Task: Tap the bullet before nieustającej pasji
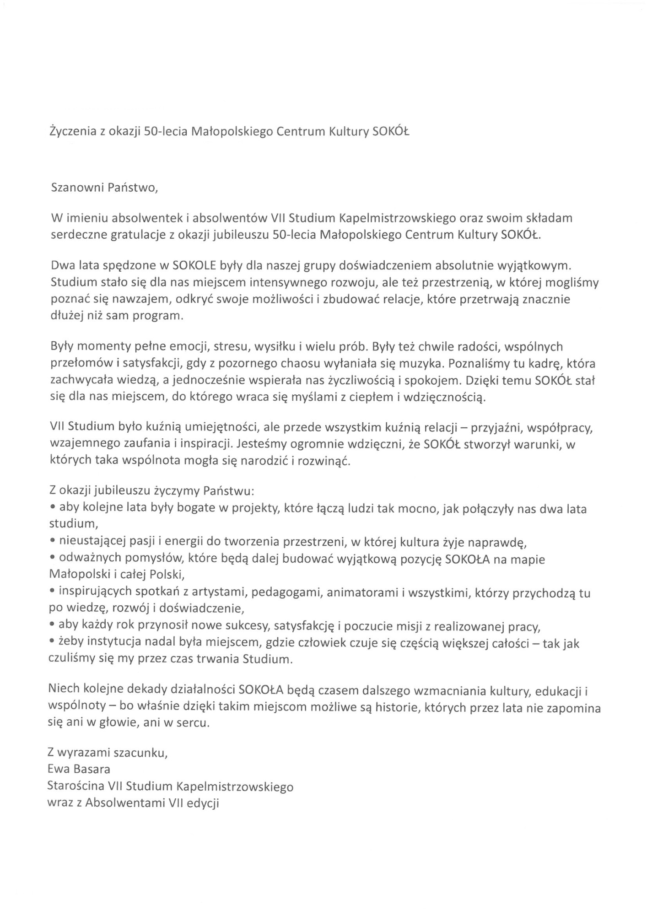tap(53, 543)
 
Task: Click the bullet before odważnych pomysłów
tap(53, 559)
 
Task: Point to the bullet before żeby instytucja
tap(53, 644)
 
